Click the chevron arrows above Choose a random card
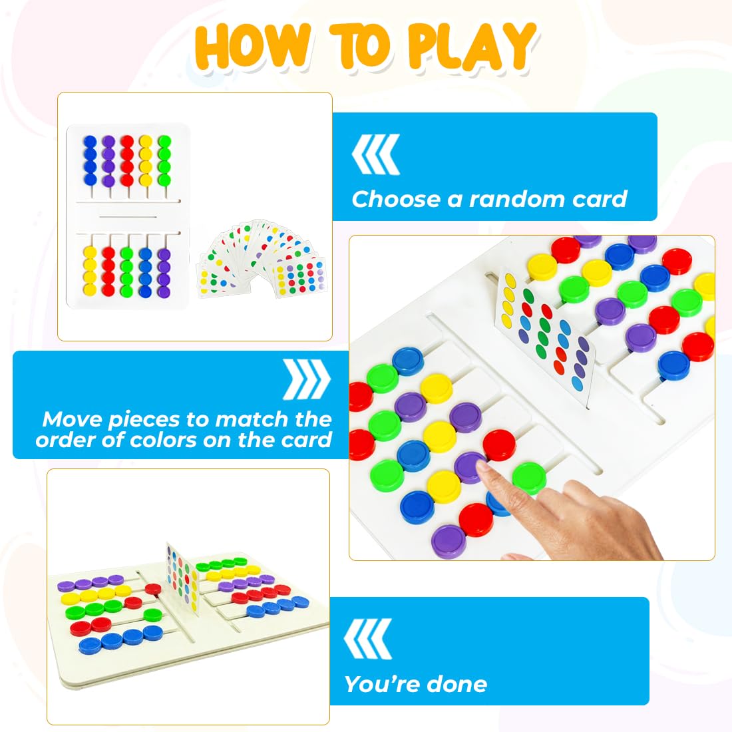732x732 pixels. [x=376, y=154]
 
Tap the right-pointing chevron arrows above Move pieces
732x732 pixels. [x=307, y=380]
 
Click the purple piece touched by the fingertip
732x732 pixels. [x=470, y=465]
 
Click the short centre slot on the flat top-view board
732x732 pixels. [x=127, y=216]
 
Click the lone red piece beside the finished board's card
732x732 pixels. [x=153, y=589]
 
